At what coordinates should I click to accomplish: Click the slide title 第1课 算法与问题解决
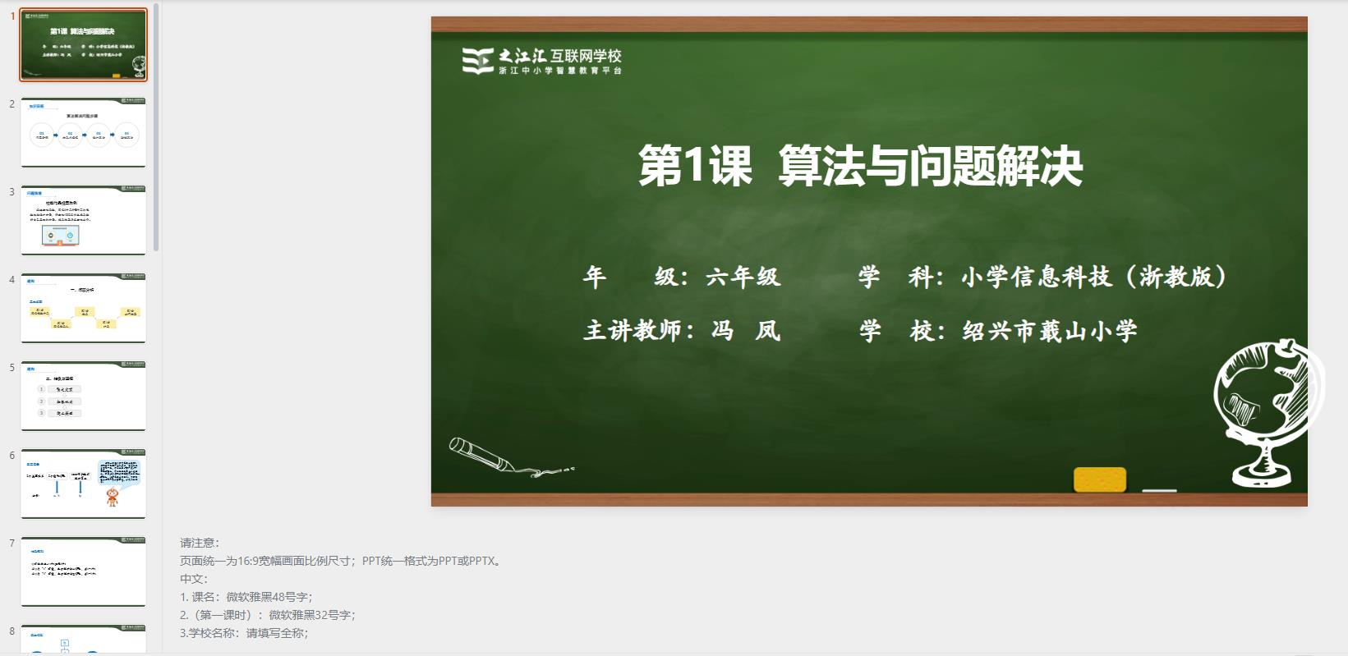860,167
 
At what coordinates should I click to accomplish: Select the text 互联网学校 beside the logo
586,56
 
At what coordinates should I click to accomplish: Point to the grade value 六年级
743,277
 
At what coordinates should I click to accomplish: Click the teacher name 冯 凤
745,331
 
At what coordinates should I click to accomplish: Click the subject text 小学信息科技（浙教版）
1094,277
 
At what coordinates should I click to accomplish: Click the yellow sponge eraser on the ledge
1099,479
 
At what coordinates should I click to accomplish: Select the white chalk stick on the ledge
1159,491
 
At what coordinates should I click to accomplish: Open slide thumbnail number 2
83,133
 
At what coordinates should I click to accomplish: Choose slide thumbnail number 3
83,221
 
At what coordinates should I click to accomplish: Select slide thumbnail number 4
83,309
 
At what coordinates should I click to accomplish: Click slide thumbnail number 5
83,397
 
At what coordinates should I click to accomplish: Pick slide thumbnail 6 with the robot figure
83,484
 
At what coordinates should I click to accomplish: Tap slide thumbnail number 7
83,572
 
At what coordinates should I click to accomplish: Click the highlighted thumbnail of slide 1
83,45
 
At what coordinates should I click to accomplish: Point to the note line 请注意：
200,543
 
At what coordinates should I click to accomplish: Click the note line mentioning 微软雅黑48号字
246,597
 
